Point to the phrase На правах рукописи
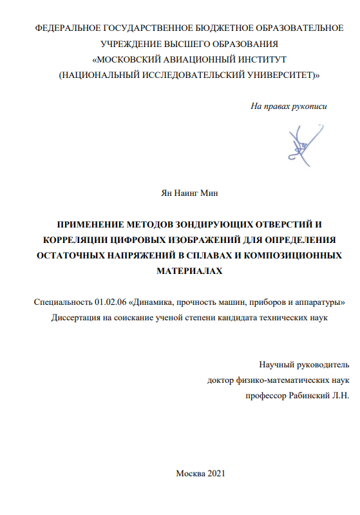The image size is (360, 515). pos(289,106)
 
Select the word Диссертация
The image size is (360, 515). pos(77,317)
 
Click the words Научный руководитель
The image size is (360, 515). pos(303,364)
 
